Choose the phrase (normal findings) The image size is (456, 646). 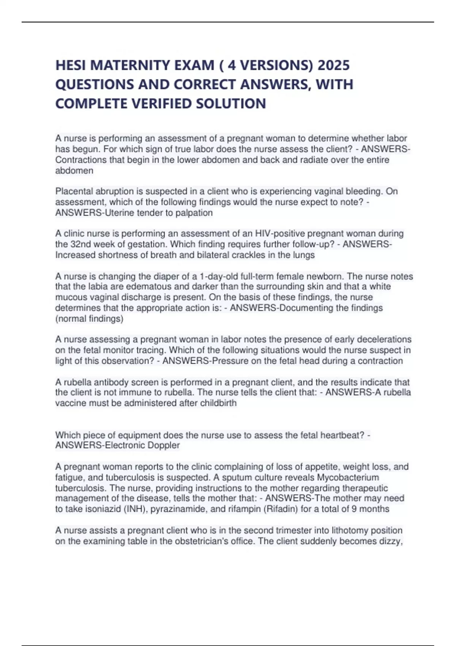pyautogui.click(x=89, y=318)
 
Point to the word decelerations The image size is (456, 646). pyautogui.click(x=384, y=339)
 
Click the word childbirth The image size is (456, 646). pyautogui.click(x=218, y=403)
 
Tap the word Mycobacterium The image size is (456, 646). pyautogui.click(x=348, y=477)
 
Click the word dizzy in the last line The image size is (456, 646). pyautogui.click(x=389, y=541)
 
